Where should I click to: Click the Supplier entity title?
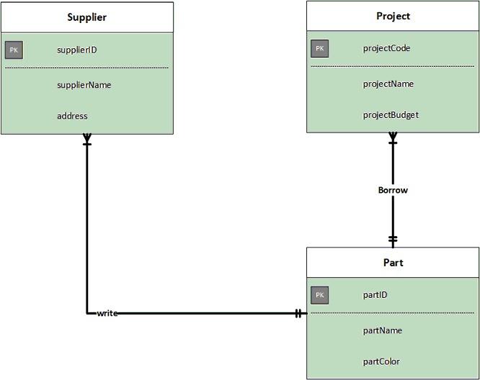(86, 17)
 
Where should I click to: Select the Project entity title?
(393, 16)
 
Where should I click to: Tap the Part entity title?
(393, 263)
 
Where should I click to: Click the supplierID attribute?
(77, 50)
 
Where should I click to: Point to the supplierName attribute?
(84, 85)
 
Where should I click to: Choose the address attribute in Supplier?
(72, 116)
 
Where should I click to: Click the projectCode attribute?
(386, 48)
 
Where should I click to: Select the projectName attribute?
(388, 83)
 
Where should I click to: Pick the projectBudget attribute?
(391, 114)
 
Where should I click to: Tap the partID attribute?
(375, 294)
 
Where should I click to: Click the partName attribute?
(382, 330)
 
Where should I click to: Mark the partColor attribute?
(381, 361)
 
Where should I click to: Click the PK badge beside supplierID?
(14, 50)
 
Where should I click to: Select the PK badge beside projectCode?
(320, 48)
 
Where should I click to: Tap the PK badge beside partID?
(320, 294)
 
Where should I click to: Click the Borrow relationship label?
(393, 190)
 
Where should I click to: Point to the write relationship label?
(107, 313)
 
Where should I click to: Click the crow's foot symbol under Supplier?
(87, 139)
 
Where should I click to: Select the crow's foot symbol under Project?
(393, 137)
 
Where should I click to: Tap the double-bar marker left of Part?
(298, 313)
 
